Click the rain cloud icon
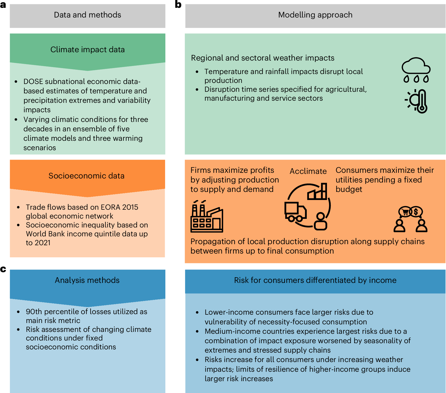click(416, 69)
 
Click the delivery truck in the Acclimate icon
click(295, 212)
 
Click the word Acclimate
click(308, 171)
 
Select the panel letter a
click(3, 5)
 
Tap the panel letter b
click(178, 5)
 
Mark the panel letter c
click(3, 269)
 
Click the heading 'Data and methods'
click(88, 15)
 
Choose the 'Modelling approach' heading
click(315, 15)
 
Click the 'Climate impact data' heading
click(88, 50)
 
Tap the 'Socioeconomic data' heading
click(86, 176)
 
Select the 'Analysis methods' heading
click(87, 280)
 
